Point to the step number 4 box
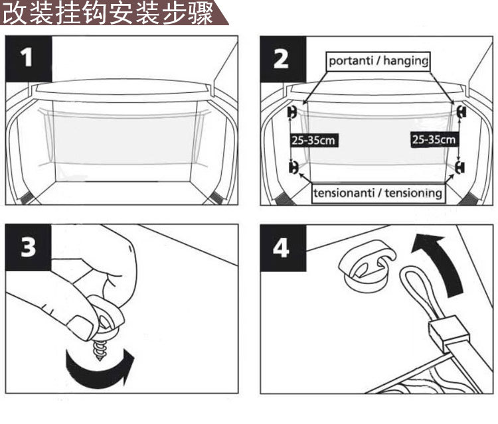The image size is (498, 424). [282, 247]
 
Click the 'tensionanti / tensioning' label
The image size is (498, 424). [378, 193]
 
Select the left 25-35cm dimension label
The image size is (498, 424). [313, 140]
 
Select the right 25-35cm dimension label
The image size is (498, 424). [434, 140]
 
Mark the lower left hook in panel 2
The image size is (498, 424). [292, 167]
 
